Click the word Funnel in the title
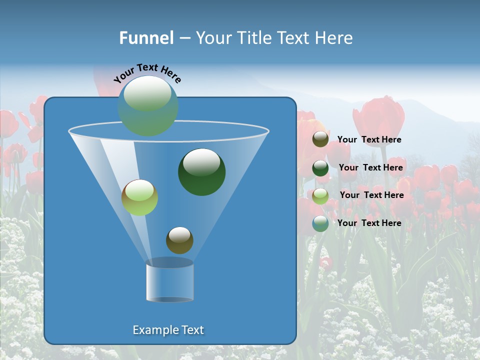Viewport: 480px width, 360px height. point(146,38)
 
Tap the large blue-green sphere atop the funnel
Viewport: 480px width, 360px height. point(148,106)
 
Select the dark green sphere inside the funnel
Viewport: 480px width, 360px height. point(202,172)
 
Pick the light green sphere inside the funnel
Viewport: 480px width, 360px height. point(139,197)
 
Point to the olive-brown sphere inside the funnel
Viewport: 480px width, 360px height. point(179,240)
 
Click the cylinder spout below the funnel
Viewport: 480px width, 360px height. point(170,280)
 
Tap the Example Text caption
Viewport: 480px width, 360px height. point(168,330)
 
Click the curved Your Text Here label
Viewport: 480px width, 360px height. point(147,73)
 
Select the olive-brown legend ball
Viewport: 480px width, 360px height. point(320,139)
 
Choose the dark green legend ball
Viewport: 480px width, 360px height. point(320,168)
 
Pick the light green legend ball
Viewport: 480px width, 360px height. point(320,195)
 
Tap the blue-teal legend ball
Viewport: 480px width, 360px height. point(320,223)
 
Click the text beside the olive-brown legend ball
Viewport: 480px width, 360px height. point(369,140)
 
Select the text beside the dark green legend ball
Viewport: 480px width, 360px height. point(370,168)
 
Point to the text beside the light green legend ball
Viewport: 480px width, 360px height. point(371,195)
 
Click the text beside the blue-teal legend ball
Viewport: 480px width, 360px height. point(369,223)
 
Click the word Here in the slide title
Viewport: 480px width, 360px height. point(334,38)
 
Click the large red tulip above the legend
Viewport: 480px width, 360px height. point(378,120)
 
